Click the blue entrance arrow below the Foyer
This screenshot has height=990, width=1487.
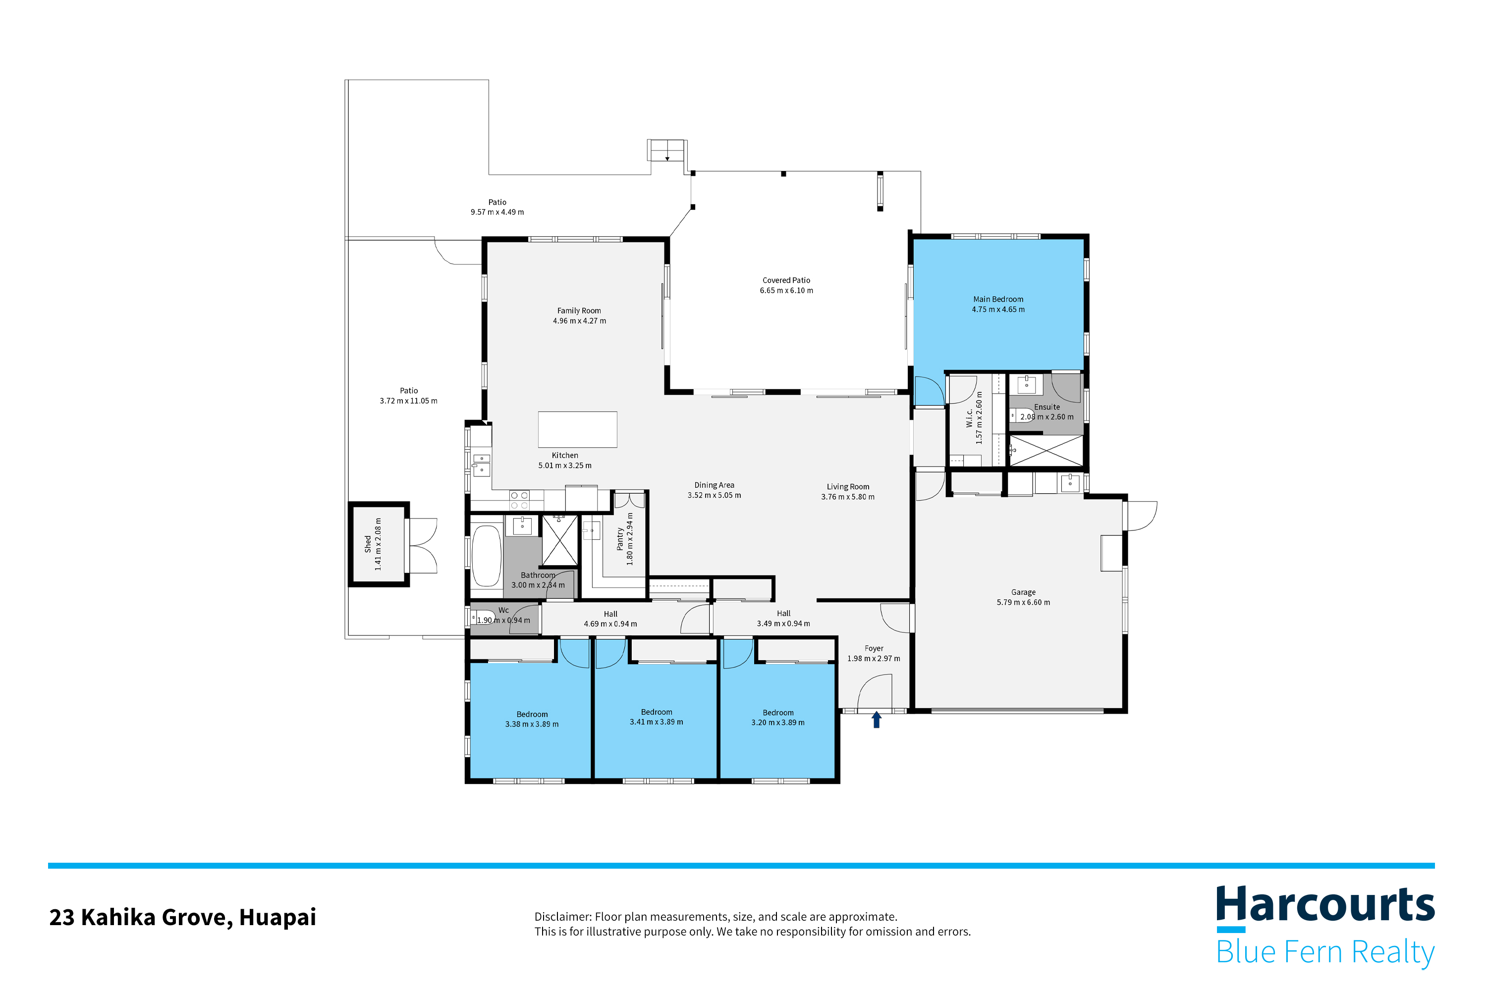coord(876,720)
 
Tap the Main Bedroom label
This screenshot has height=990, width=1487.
coord(997,299)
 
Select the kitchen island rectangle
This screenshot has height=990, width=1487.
coord(577,429)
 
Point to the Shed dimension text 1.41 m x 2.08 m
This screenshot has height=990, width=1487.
coord(378,544)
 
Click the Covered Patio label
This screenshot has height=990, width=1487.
coord(786,280)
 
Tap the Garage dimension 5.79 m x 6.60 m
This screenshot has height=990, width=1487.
coord(1023,602)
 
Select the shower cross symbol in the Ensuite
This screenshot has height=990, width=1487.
coord(1046,451)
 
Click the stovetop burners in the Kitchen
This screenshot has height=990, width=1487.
coord(519,501)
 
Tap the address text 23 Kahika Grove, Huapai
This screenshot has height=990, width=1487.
coord(182,917)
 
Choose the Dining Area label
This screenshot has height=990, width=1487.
coord(714,485)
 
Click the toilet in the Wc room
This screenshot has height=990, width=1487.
coord(485,617)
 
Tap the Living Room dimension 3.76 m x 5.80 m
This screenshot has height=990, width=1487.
coord(847,497)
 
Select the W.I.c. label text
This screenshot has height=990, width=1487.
coord(969,417)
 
